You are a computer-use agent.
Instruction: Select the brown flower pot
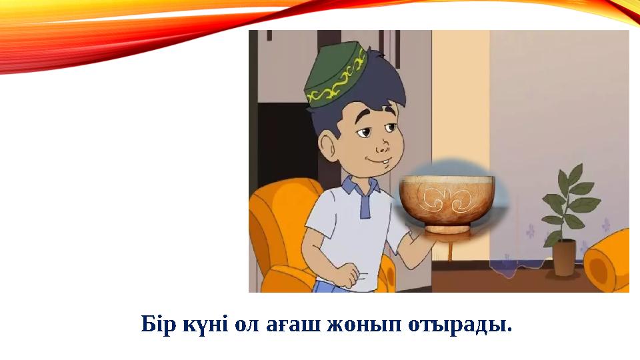[564, 257]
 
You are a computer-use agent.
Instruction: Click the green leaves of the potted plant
[567, 200]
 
